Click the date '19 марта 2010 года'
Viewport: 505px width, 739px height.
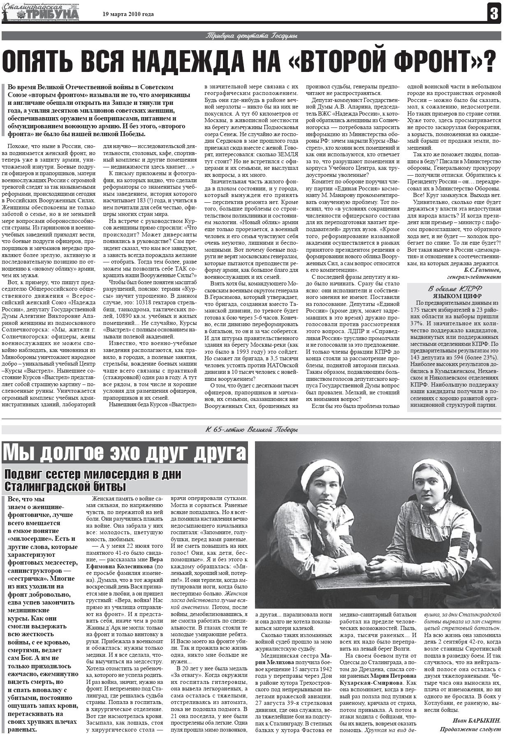[128, 14]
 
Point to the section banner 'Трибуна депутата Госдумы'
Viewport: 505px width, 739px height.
[251, 36]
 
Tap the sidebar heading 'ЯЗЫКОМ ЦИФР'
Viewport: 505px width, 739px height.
[454, 296]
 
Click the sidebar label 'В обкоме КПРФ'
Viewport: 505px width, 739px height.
[454, 288]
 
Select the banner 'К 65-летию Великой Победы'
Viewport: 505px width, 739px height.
[251, 430]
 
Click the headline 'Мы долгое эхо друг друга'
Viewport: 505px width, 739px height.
[125, 453]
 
